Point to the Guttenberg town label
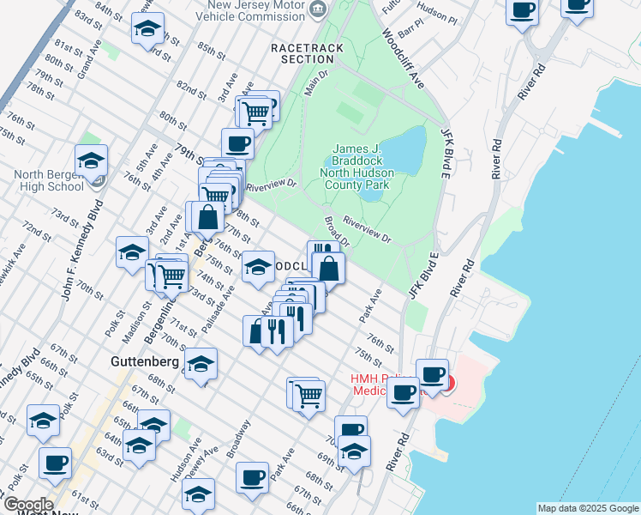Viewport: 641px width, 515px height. (144, 362)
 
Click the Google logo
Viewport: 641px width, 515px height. (27, 505)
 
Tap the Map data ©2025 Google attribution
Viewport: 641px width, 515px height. (587, 508)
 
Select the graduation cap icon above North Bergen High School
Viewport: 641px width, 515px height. (91, 159)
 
